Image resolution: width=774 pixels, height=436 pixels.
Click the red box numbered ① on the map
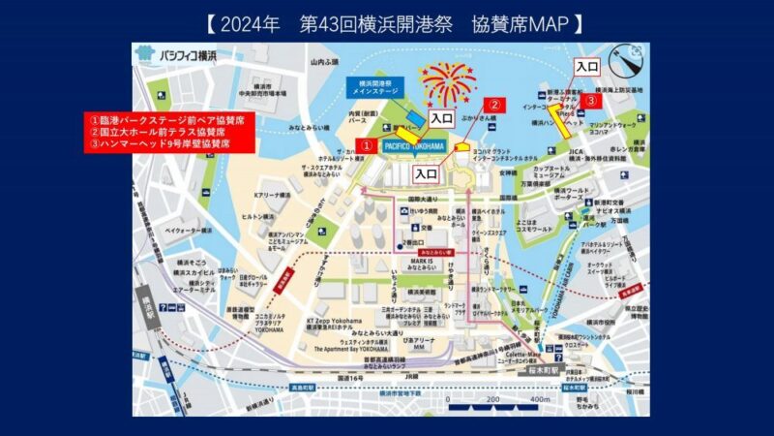[x=367, y=143]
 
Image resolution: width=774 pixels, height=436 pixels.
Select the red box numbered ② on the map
[x=493, y=106]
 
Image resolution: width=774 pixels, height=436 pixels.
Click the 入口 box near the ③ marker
[x=586, y=67]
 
